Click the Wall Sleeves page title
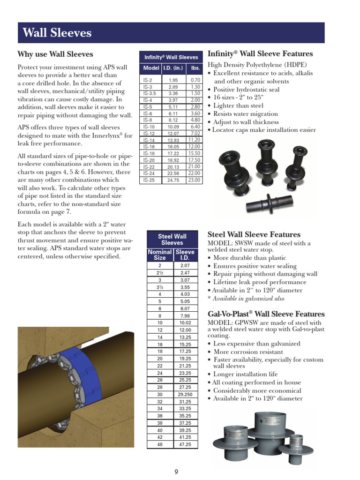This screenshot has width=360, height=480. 57,33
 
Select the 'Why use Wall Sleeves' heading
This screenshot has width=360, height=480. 55,54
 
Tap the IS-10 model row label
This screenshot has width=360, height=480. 149,127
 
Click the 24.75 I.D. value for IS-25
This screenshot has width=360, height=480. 173,180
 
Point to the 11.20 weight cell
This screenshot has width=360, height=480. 195,140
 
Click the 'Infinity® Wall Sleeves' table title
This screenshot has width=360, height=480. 171,57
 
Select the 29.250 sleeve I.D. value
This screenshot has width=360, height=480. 185,395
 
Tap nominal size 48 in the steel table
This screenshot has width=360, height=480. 160,444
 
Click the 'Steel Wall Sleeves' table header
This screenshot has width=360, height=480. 172,240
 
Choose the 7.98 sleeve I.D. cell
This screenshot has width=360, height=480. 185,315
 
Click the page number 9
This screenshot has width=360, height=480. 176,472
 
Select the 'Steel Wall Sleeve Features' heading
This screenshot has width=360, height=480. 254,234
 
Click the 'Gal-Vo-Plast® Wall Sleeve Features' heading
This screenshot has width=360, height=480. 266,314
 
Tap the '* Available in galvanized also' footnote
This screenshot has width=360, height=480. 246,299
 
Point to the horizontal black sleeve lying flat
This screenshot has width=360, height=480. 270,202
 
